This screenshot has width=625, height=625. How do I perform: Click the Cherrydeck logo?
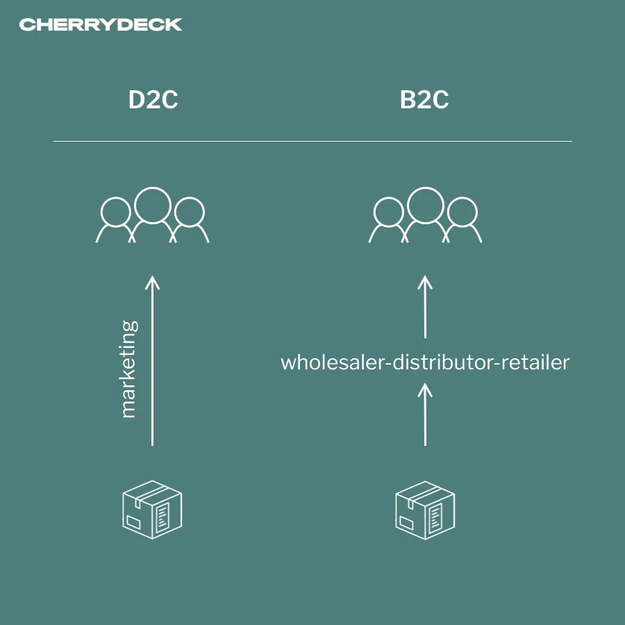click(101, 25)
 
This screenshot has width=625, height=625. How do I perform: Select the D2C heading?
click(153, 100)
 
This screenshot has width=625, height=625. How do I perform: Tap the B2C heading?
click(424, 100)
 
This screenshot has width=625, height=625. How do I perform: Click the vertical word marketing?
click(128, 369)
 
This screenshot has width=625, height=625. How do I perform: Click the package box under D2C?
click(152, 508)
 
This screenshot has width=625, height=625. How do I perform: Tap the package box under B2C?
click(425, 508)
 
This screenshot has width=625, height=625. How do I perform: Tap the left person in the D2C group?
click(115, 217)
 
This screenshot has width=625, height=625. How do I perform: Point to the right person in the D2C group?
click(190, 217)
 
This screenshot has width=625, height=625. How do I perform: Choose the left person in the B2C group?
click(387, 217)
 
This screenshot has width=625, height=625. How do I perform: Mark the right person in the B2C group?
click(462, 217)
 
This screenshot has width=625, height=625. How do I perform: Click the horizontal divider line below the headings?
click(312, 141)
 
